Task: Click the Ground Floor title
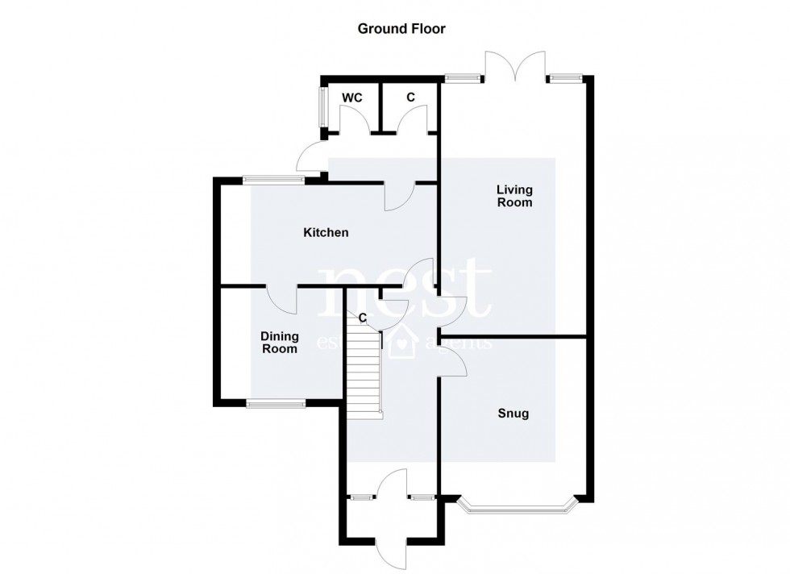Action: coord(401,29)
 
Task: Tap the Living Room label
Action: coord(514,196)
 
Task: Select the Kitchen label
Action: coord(326,233)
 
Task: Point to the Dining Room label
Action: coord(279,343)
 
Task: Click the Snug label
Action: coord(513,414)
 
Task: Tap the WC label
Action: coord(351,98)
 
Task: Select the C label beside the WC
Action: coord(410,98)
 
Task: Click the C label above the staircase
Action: coord(363,318)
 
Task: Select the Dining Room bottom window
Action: coord(276,404)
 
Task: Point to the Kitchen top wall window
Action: coord(274,180)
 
